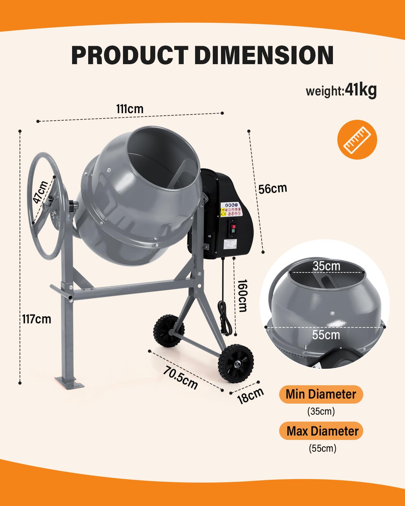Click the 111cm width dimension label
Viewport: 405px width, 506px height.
pos(130,109)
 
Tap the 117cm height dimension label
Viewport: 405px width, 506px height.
pos(37,319)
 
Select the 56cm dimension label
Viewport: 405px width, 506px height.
pos(273,189)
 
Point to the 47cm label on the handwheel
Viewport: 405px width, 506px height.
pos(41,192)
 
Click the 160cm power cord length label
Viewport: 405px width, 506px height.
pos(242,296)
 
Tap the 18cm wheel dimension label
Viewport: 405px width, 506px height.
pos(250,396)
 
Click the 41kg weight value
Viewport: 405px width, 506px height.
pos(361,90)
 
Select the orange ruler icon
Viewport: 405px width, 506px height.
pos(357,139)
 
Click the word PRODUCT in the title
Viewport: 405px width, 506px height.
pos(130,55)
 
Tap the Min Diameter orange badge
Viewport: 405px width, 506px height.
pos(321,394)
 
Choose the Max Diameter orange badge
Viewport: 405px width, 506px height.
pos(321,431)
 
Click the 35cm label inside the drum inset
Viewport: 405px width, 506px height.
pos(326,266)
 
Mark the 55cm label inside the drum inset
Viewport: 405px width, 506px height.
pos(326,335)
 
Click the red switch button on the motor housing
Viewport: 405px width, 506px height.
pos(234,226)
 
